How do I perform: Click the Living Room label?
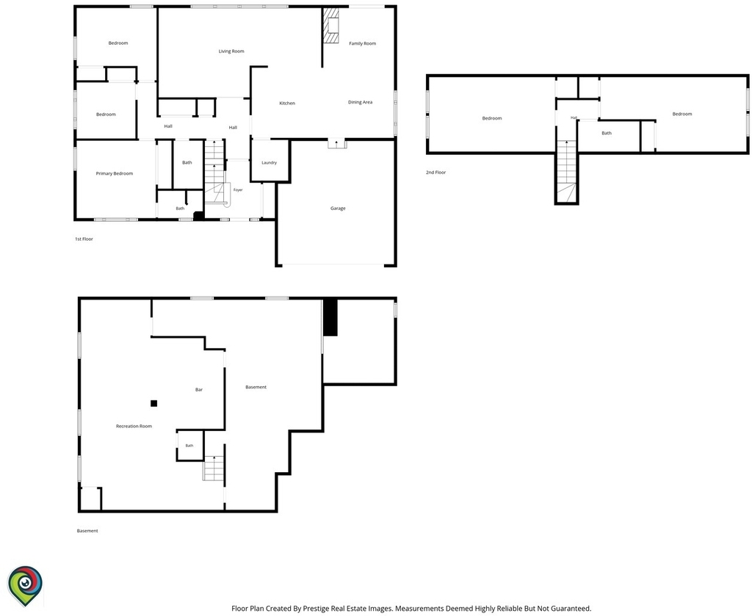(x=231, y=51)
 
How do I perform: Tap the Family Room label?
(x=363, y=43)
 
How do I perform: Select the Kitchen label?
(x=287, y=104)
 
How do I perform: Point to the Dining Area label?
(x=360, y=102)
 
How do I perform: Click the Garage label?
(x=338, y=209)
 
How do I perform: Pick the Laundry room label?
(x=269, y=163)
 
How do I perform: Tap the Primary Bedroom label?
(x=114, y=173)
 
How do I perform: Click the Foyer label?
(x=238, y=190)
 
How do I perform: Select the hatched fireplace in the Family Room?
(x=330, y=26)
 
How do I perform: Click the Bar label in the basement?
(x=199, y=390)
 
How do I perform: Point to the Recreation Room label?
(x=134, y=426)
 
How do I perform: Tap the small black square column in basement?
(x=154, y=404)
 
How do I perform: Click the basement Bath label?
(x=189, y=446)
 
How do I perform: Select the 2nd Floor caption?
(x=435, y=173)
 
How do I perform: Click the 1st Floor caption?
(x=84, y=239)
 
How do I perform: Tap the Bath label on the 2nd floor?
(x=607, y=134)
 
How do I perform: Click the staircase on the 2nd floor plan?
(x=566, y=171)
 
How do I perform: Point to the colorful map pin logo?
(x=25, y=586)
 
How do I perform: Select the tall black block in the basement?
(x=330, y=318)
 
